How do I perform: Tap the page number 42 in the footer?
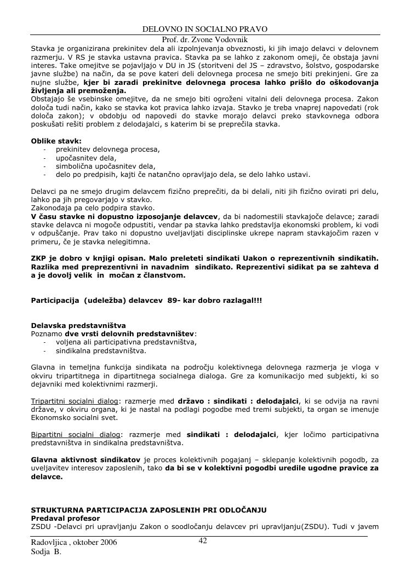pos(203,540)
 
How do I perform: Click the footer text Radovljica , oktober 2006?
pos(74,543)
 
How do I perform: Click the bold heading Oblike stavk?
pos(56,141)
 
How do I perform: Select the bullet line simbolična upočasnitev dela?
pos(105,166)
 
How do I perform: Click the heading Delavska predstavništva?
pos(78,325)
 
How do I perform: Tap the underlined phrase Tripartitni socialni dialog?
pos(75,401)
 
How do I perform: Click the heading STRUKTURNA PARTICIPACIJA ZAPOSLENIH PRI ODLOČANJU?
pos(149,510)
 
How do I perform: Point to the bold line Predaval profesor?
pos(65,518)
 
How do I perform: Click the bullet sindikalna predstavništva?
pos(101,350)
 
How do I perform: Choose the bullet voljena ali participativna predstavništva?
pos(126,342)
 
